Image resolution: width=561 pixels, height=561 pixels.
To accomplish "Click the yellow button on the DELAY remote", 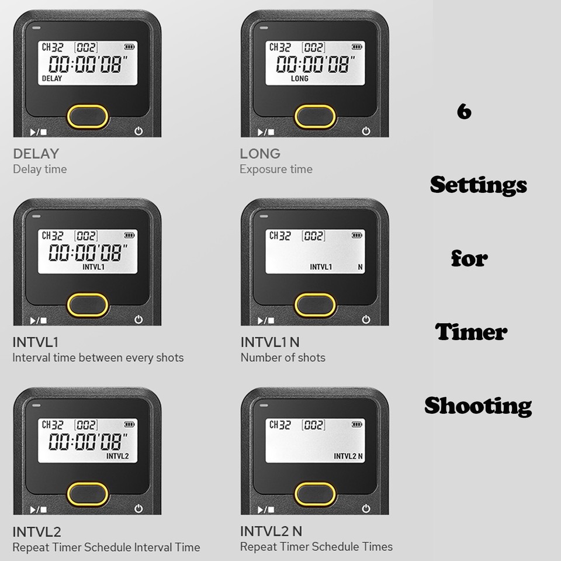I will click(88, 116).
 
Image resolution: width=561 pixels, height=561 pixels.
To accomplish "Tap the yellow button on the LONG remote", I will click(315, 116).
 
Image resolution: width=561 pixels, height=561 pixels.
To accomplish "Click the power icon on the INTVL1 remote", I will click(138, 320).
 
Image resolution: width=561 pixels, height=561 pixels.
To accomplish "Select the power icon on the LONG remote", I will click(366, 131).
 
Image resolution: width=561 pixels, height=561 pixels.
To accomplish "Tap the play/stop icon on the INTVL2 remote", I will click(39, 510).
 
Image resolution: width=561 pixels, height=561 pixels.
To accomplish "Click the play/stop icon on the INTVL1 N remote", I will click(266, 320).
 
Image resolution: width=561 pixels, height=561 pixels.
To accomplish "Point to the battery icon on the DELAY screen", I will click(129, 47).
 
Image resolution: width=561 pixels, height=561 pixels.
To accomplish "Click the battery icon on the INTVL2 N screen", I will click(356, 424).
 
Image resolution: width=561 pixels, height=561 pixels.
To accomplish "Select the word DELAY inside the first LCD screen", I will click(52, 78).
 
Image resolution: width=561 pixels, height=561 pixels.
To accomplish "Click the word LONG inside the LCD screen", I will click(299, 78).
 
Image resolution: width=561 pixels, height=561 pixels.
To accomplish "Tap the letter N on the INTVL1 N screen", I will click(360, 267).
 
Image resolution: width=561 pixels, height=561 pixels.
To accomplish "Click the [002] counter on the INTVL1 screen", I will click(86, 236).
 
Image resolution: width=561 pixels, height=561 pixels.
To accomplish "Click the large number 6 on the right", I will click(464, 111).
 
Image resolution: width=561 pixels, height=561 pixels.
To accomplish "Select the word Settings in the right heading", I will click(479, 185).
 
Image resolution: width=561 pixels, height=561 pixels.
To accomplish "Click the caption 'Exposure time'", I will click(276, 169).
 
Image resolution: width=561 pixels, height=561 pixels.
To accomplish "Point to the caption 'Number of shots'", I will click(283, 358).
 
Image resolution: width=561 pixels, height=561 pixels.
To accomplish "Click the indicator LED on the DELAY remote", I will click(36, 27).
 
